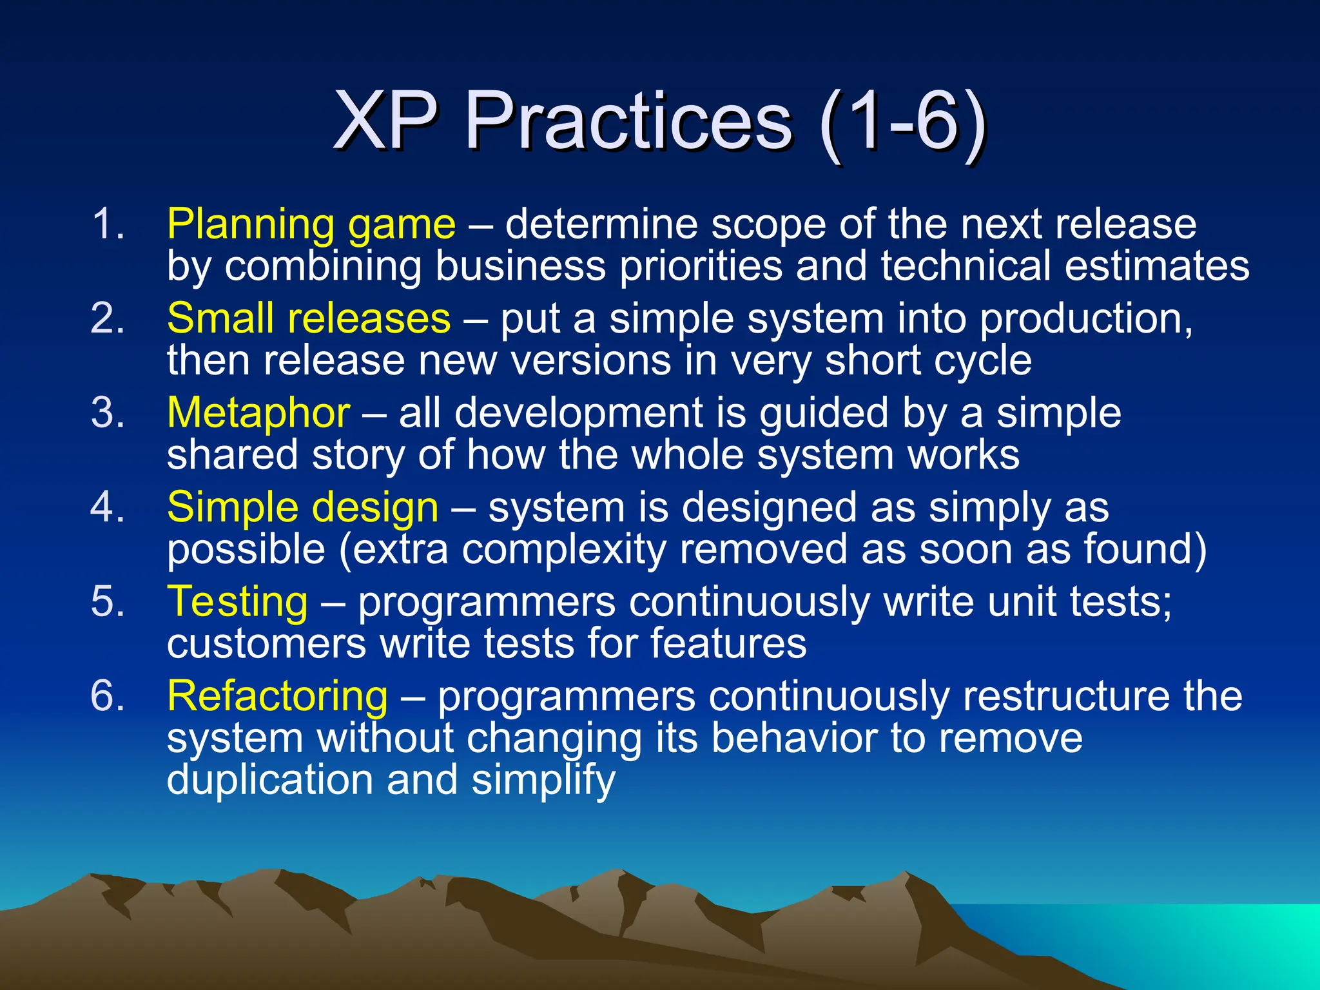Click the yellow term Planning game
pos(311,225)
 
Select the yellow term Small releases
pos(309,318)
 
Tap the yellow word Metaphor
pos(258,412)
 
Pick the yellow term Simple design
pos(302,507)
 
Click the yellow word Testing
pos(237,601)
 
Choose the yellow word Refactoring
pos(277,696)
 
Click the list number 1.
pos(107,225)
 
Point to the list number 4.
pos(107,507)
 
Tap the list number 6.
pos(107,696)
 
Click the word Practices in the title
pos(628,121)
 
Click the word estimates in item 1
pos(1157,266)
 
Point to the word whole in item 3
pos(687,455)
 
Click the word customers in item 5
pos(266,644)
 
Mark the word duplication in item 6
pos(270,780)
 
